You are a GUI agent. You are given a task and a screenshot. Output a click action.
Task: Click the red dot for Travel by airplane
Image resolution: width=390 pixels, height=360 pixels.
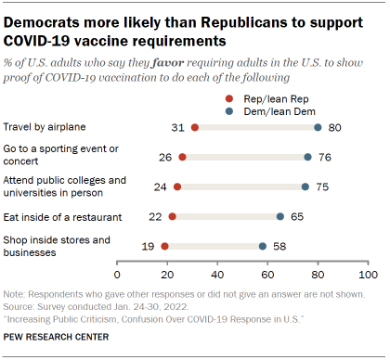194,127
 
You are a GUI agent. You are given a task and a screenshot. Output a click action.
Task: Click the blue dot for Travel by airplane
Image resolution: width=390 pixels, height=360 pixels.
318,127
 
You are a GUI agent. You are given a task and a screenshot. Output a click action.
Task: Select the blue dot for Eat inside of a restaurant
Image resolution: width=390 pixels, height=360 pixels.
280,216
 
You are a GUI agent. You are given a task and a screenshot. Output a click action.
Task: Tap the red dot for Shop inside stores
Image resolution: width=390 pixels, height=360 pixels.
165,246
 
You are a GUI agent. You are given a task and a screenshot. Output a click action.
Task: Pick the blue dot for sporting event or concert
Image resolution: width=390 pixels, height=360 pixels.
307,157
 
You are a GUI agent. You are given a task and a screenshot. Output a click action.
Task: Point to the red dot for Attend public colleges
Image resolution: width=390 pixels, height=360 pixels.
177,186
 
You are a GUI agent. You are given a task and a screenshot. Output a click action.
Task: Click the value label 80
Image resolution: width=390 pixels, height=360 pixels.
337,127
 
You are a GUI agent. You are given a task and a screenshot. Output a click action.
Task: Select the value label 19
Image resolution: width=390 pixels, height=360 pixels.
148,246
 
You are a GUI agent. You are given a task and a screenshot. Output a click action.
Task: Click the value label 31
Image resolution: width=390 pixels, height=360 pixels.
176,127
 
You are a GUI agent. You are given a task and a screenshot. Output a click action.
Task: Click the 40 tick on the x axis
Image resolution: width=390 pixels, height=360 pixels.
217,276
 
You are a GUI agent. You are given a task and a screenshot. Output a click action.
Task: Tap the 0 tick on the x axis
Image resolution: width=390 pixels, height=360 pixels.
118,276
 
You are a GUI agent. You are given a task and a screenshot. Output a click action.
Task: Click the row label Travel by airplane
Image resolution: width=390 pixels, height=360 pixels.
46,127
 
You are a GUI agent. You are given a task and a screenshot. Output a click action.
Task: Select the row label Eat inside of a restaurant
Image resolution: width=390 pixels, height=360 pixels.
61,216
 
